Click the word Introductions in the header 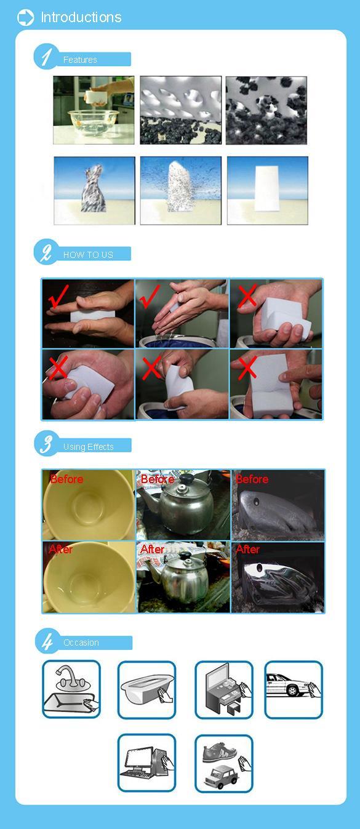[x=81, y=17]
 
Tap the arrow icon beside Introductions [x=25, y=18]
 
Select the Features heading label [x=80, y=60]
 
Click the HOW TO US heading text [x=88, y=255]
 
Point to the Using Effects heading [x=89, y=447]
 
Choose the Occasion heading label [x=81, y=643]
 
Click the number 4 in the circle [x=47, y=642]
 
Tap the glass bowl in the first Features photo [x=94, y=122]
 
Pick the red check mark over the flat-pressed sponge [x=58, y=296]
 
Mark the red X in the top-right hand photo [x=247, y=297]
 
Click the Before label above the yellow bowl [x=66, y=479]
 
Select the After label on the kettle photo [x=153, y=549]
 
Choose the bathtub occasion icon [x=146, y=689]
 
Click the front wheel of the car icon [x=293, y=690]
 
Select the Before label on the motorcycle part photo [x=252, y=479]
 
